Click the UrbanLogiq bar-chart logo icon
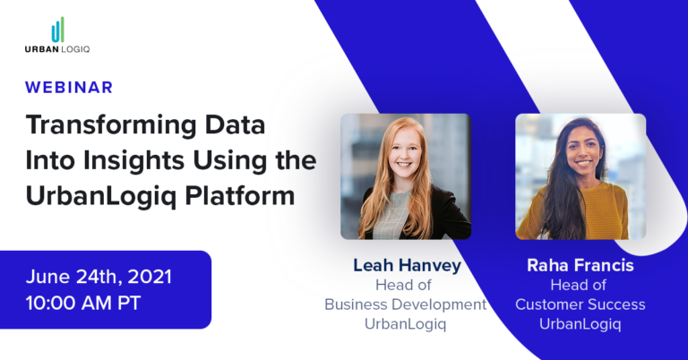click(x=57, y=30)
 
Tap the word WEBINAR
click(x=69, y=87)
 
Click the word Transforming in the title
click(x=98, y=126)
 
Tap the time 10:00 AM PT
click(x=83, y=302)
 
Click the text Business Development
click(x=405, y=304)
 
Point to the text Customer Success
click(x=580, y=304)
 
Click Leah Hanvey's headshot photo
click(x=406, y=176)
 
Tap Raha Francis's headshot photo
click(x=580, y=176)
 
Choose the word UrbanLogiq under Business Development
click(x=405, y=323)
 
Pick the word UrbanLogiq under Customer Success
click(x=580, y=323)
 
